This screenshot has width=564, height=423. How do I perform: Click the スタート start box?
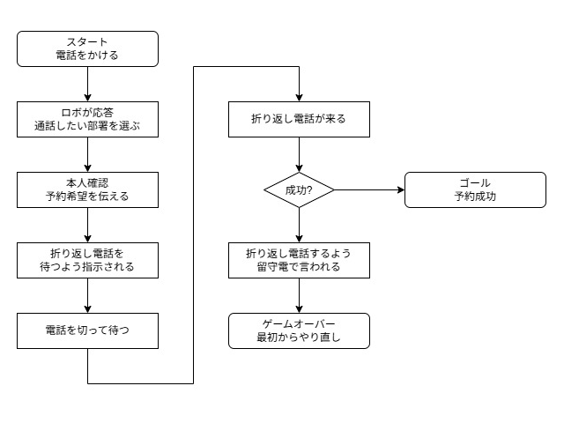coord(87,48)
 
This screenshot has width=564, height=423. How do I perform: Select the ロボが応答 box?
coord(87,119)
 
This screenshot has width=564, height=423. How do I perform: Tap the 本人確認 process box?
coord(87,189)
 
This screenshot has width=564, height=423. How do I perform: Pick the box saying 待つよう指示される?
coord(87,260)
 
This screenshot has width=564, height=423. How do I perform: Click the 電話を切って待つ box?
coord(87,330)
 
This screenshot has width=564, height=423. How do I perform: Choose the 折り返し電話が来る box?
coord(299,119)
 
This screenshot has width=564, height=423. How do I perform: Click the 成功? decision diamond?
coord(299,189)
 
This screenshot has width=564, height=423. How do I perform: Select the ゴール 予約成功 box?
coord(475,189)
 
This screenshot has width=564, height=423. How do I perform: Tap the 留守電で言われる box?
coord(299,260)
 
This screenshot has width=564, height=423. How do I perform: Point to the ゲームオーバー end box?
coord(299,330)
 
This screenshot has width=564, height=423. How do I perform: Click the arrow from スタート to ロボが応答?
coord(87,84)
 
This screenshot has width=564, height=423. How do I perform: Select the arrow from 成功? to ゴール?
coord(369,189)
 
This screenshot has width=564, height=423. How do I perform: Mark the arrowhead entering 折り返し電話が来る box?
coord(299,98)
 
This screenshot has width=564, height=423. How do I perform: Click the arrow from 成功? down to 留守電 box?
coord(299,225)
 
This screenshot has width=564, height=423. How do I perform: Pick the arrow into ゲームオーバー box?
coord(299,295)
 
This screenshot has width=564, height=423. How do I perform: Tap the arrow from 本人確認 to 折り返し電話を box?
coord(87,225)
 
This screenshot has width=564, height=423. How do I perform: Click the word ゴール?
coord(475,183)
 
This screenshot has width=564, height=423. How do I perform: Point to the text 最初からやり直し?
coord(299,338)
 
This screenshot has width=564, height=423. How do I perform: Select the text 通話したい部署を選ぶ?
coord(87,126)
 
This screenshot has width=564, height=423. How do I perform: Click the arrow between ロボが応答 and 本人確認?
coord(87,154)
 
